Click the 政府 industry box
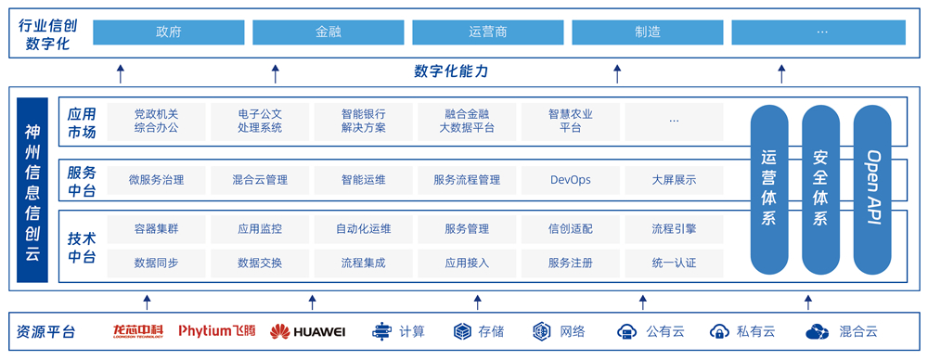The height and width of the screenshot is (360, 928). click(169, 32)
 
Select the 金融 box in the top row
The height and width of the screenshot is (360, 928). click(329, 32)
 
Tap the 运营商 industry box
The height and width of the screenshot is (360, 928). click(488, 32)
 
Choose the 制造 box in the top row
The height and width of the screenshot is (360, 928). click(648, 32)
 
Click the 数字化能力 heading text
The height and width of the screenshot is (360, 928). click(451, 72)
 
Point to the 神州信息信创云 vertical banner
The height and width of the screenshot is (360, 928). click(32, 190)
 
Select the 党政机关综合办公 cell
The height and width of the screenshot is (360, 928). click(156, 121)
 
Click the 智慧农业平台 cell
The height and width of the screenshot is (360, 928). click(571, 121)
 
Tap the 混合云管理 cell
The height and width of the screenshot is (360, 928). click(260, 180)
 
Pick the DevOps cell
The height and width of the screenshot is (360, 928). click(571, 180)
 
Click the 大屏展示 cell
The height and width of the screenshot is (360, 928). click(674, 180)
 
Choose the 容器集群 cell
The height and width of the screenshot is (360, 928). click(156, 229)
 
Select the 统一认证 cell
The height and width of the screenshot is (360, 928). click(674, 264)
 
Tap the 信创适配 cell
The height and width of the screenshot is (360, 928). click(571, 229)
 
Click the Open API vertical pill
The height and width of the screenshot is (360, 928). click(872, 189)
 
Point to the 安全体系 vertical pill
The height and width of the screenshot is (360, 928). click(821, 189)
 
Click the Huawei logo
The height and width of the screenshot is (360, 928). click(308, 331)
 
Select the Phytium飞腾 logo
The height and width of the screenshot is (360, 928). click(217, 331)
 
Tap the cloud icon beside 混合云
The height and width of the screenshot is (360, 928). click(819, 331)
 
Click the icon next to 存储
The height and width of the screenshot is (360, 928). click(462, 331)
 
